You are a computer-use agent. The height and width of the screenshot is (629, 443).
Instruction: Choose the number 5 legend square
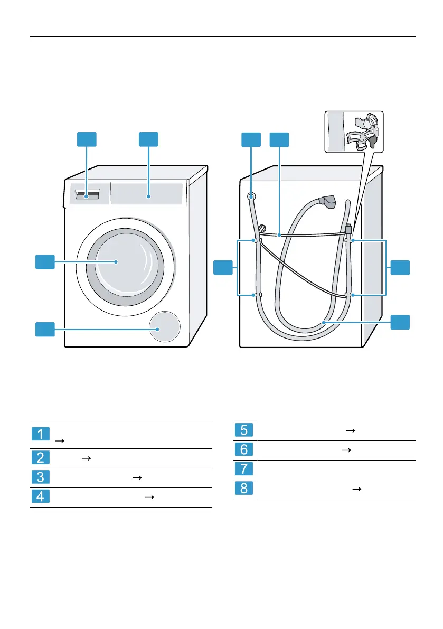point(243,430)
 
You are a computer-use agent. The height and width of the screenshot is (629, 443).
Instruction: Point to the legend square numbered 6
point(243,450)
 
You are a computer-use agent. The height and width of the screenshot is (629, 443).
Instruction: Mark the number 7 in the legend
point(243,470)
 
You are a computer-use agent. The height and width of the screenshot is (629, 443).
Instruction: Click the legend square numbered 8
point(243,489)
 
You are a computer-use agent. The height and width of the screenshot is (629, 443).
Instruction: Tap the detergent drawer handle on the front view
point(87,195)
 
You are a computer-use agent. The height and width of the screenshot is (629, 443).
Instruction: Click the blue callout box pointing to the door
point(45,262)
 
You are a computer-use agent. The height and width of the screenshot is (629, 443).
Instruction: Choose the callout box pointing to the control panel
point(149,139)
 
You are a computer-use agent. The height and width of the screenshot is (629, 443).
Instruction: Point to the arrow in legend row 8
point(357,489)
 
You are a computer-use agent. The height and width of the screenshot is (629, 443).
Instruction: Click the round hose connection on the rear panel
point(251,196)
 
